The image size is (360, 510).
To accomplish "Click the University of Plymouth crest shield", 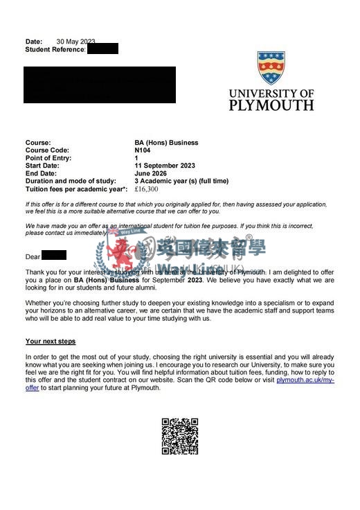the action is point(271,68).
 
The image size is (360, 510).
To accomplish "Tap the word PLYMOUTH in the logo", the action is point(271,105).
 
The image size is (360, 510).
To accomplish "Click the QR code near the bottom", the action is point(180,436).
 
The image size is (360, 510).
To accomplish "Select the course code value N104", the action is point(143,150).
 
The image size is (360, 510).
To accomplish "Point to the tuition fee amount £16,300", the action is point(146,189).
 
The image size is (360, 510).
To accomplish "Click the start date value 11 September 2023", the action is point(165,166).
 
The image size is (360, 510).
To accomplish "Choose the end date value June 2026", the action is point(151,173).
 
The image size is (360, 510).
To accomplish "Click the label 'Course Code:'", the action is point(48,150).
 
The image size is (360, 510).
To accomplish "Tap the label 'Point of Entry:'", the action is point(51,158).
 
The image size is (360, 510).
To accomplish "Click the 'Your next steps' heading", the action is point(51,342).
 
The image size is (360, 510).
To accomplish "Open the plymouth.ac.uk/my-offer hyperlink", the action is point(305,380).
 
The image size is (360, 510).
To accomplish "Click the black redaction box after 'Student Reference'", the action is point(102,49).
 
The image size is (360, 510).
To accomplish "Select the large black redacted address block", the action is point(99,85).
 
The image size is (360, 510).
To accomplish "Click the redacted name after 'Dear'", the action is point(53,256).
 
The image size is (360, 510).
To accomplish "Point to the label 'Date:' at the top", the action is point(34,42).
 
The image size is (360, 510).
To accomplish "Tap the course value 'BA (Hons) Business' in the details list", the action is point(166,143).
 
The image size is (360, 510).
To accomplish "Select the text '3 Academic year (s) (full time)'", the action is point(181,181).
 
